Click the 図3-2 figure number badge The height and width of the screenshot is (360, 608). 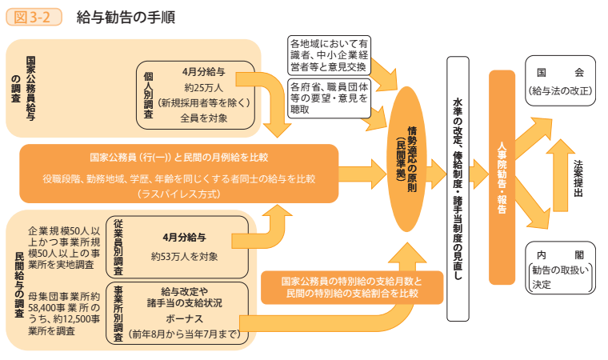34,17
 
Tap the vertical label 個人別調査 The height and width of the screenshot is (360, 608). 148,93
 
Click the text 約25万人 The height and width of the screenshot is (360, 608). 204,87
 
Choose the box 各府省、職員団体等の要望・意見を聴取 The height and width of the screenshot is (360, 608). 328,98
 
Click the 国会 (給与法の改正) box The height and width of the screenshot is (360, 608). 560,81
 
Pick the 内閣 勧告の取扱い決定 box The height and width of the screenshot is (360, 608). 560,268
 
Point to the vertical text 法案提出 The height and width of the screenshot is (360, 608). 578,177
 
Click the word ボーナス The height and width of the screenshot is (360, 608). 185,318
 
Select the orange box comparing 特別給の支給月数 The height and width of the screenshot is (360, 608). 353,289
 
